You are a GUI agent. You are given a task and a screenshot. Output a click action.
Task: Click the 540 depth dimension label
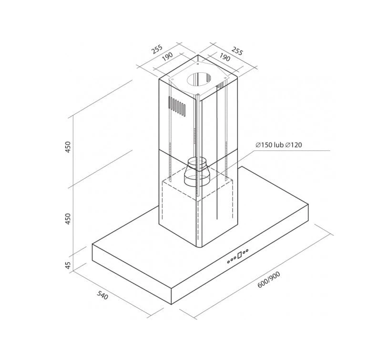102,295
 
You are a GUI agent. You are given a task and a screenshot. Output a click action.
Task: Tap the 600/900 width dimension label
269,280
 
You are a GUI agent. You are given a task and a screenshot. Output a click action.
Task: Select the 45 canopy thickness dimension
68,265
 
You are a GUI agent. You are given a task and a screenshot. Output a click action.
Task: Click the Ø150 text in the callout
264,145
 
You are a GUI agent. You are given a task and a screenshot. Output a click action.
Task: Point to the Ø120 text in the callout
293,145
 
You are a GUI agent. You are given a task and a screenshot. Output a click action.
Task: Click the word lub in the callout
279,145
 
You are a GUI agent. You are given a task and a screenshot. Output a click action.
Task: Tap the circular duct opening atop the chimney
199,80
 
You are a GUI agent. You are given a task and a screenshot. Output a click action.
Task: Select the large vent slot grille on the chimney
177,106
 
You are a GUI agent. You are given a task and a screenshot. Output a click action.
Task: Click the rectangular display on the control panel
240,255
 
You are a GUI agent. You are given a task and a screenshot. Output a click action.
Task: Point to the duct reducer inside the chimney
197,171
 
